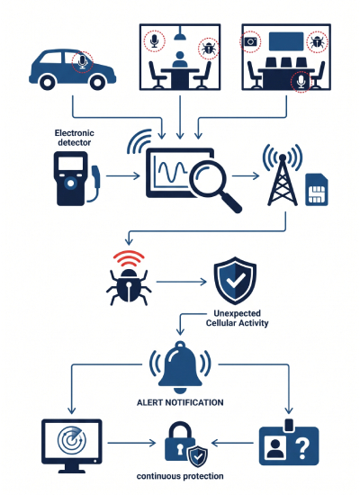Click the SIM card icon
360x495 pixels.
point(317,189)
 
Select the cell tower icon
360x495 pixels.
point(283,175)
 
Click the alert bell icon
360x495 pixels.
point(180,367)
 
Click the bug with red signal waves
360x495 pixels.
point(129,278)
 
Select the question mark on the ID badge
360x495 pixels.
point(301,446)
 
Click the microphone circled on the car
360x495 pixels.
point(83,62)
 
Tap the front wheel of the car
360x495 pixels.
point(97,83)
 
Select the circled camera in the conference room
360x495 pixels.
point(251,41)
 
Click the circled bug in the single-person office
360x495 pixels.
point(209,49)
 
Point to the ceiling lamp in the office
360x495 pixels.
point(179,33)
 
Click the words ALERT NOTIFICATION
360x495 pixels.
point(180,402)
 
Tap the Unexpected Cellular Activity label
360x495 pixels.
point(238,319)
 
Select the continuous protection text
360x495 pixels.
point(180,476)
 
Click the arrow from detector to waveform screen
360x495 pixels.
point(123,175)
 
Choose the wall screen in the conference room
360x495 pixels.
point(286,41)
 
